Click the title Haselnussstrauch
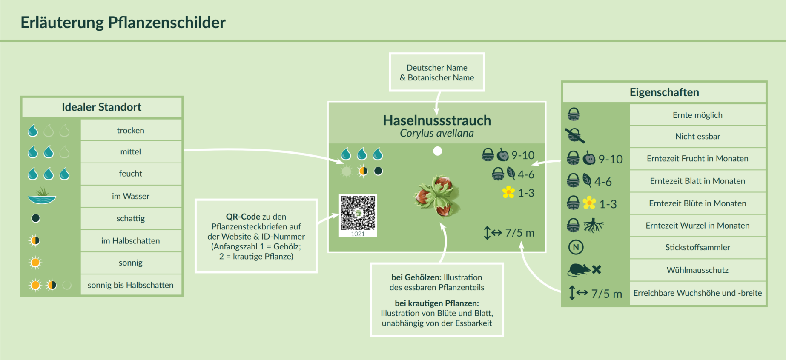click(x=437, y=120)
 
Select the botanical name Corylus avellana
click(x=437, y=134)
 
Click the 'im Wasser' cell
click(x=131, y=196)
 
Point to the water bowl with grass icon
click(x=42, y=196)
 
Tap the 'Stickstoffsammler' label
click(x=697, y=247)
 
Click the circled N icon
click(x=576, y=247)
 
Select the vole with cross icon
click(x=584, y=269)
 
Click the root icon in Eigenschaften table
click(x=593, y=226)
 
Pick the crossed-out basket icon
click(x=575, y=136)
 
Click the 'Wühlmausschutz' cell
click(x=697, y=270)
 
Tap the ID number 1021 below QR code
click(x=358, y=234)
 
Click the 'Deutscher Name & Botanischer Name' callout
click(x=437, y=72)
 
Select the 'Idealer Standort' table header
click(x=102, y=107)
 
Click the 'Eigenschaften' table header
click(x=664, y=92)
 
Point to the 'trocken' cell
click(x=131, y=130)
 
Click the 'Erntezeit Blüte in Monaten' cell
click(x=697, y=203)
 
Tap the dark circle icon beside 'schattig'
click(x=36, y=218)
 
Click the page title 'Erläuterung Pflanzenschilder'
click(x=123, y=23)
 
